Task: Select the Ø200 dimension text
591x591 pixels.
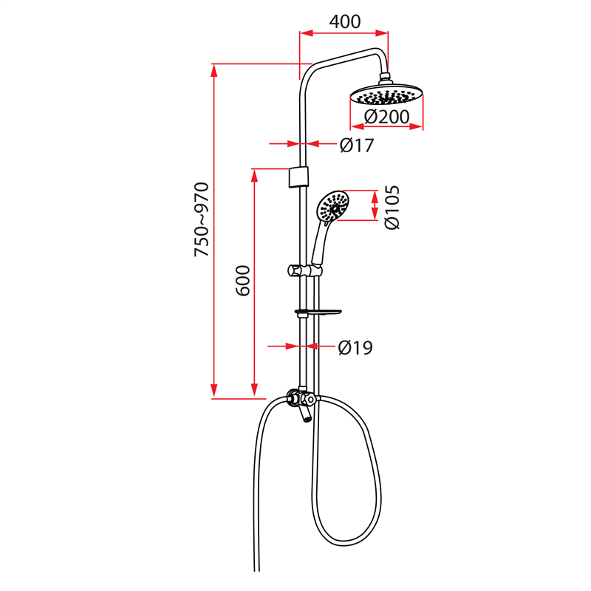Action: (386, 117)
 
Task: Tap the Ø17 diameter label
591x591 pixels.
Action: (357, 146)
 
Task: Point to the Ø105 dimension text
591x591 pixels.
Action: (392, 207)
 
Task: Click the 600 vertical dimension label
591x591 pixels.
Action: (245, 281)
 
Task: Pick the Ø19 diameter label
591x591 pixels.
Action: (355, 347)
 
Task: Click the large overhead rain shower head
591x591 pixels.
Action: (386, 95)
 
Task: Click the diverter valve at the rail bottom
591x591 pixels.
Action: (301, 400)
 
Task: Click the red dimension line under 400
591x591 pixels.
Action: (344, 33)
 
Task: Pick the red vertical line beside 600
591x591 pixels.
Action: (256, 281)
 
